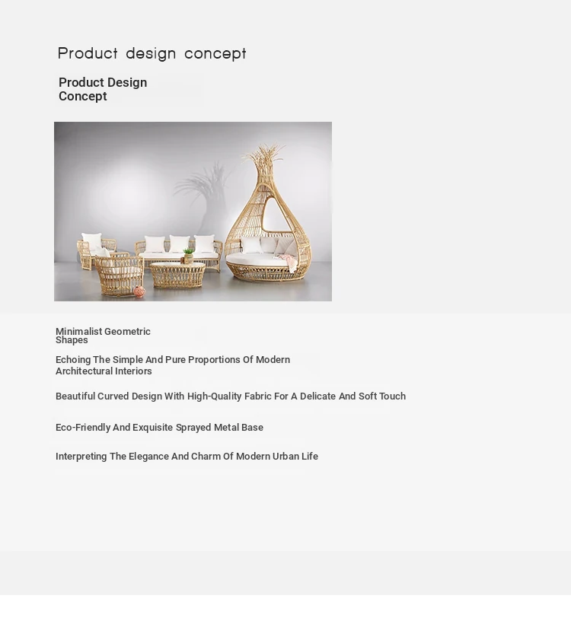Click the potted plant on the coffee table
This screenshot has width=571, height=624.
(x=188, y=256)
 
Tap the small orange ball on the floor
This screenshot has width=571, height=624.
(x=139, y=291)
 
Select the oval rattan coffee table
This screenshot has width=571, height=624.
(x=177, y=275)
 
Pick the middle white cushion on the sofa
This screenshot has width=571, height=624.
(x=180, y=244)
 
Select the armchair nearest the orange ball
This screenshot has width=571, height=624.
(x=119, y=275)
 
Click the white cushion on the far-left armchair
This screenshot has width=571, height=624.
(x=91, y=241)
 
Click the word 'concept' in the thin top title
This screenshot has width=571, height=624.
(x=215, y=54)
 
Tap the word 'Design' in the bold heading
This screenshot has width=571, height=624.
(x=127, y=82)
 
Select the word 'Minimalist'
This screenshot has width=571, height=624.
(x=79, y=331)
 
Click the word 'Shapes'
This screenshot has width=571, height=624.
(x=72, y=340)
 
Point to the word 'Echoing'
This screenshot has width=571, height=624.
(x=73, y=360)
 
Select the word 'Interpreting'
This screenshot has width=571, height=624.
(x=81, y=457)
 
